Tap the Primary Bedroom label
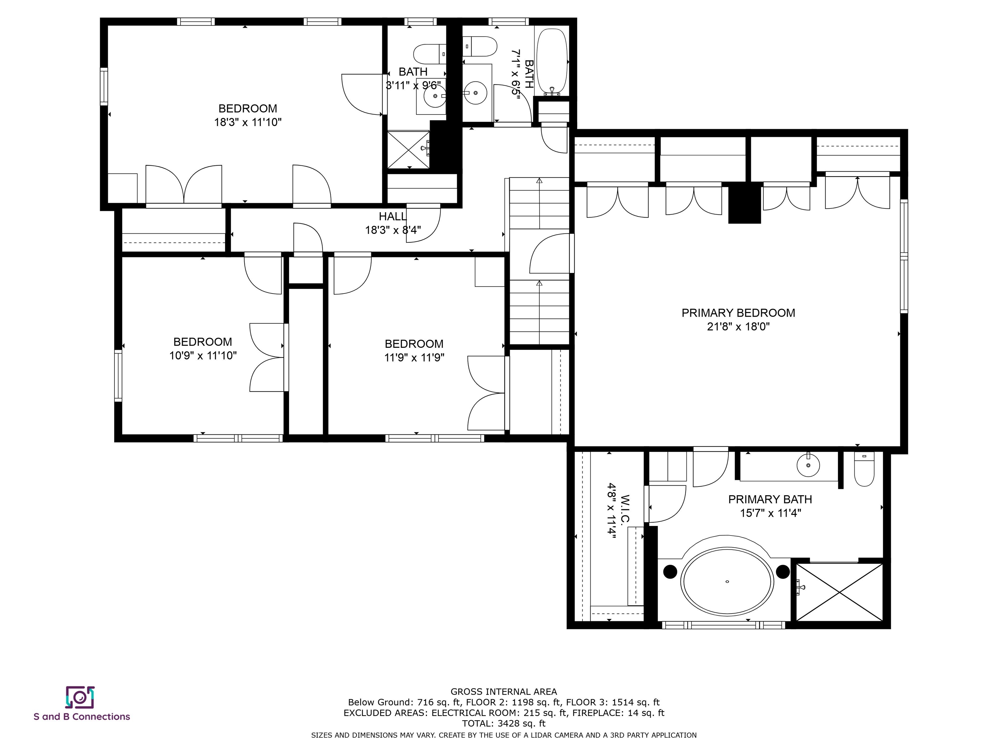click(x=738, y=313)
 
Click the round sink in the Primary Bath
click(x=808, y=465)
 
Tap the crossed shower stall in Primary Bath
click(x=839, y=592)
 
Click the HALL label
click(x=392, y=217)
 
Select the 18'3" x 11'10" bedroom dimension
click(x=248, y=122)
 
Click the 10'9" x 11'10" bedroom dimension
click(x=203, y=355)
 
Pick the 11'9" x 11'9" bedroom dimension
click(x=414, y=358)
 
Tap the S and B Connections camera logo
click(x=80, y=697)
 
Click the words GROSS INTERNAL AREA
click(x=504, y=692)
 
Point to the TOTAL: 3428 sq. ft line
click(x=504, y=723)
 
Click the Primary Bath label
click(x=770, y=499)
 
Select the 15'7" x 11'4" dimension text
click(x=770, y=513)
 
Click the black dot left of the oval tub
click(x=670, y=572)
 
